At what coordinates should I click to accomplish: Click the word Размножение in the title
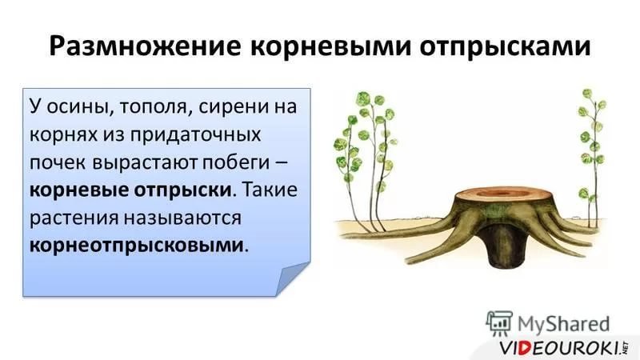coord(146,46)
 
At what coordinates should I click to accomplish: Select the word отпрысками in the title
coord(506,47)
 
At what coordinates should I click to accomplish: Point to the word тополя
coord(151,108)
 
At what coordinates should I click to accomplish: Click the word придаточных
coord(195,135)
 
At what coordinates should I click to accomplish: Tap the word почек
coord(58,162)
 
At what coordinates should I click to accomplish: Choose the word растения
coord(74,218)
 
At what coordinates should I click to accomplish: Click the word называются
coord(183,218)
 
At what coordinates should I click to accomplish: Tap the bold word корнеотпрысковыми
coord(136,246)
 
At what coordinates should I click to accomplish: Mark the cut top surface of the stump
coord(500,194)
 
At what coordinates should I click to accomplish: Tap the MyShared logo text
coord(563,324)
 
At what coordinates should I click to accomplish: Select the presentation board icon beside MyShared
coord(499,323)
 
